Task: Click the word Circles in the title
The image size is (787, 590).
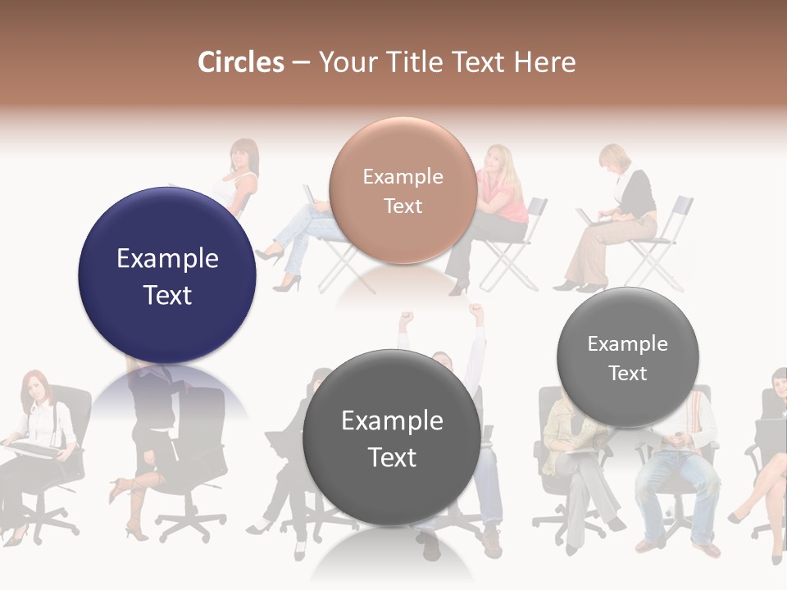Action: (x=241, y=62)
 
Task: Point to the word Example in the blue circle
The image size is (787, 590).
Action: (x=167, y=259)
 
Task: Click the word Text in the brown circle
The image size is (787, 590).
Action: (x=403, y=206)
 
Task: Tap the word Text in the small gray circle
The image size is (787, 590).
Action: (x=628, y=373)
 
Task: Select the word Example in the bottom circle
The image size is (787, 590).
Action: (x=392, y=421)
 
